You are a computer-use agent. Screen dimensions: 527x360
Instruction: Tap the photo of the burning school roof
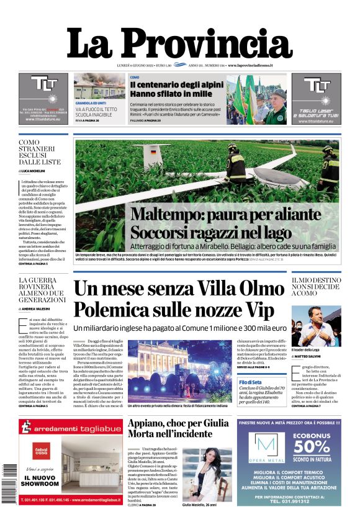pos(99,86)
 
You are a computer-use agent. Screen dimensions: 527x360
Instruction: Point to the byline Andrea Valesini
pos(38,309)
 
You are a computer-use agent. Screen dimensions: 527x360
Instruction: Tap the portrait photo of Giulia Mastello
pos(199,474)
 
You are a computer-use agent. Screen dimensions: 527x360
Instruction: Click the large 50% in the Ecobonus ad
pos(312,464)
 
